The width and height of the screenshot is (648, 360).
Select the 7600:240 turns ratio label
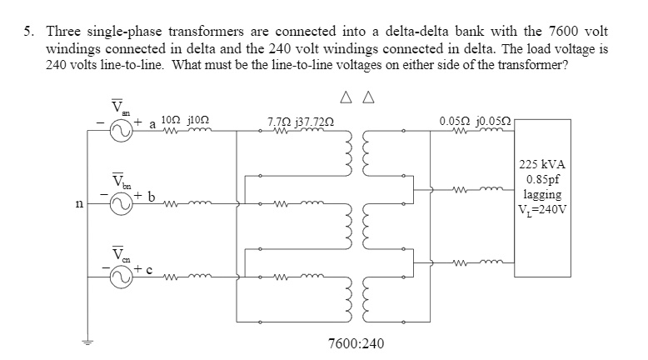(356, 342)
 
